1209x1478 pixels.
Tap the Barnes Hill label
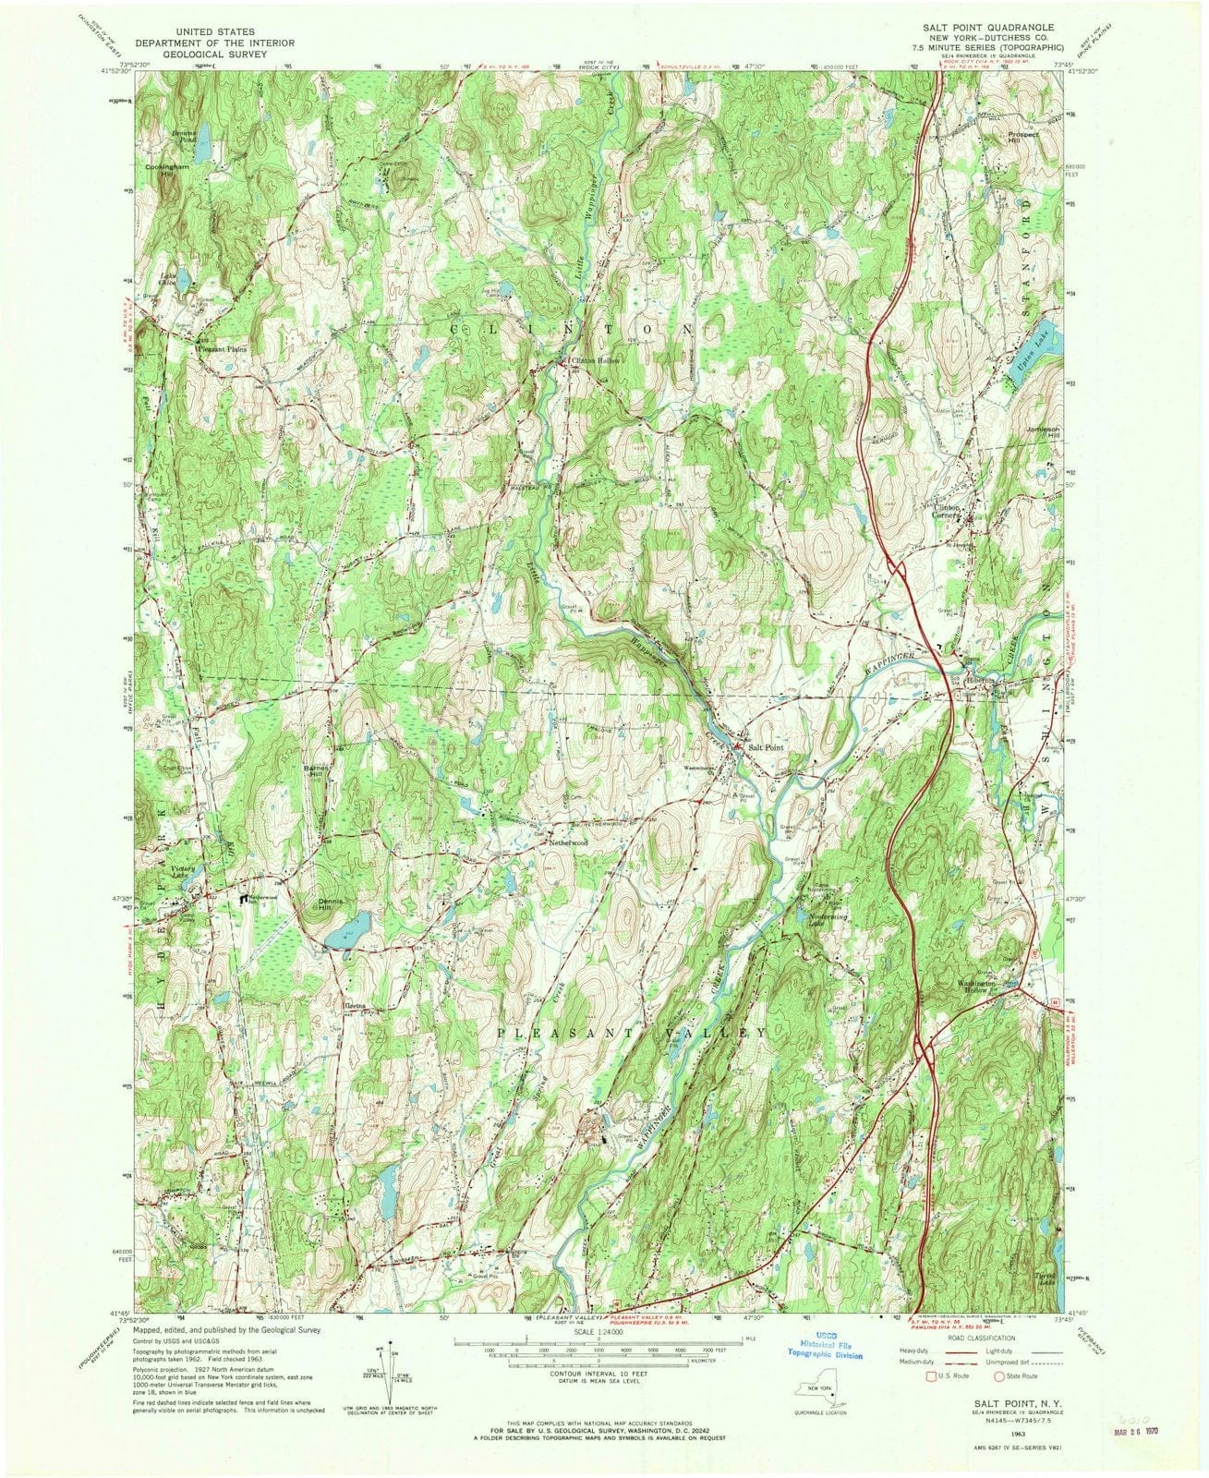tap(314, 769)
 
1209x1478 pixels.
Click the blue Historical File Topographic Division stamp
tap(818, 1349)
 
